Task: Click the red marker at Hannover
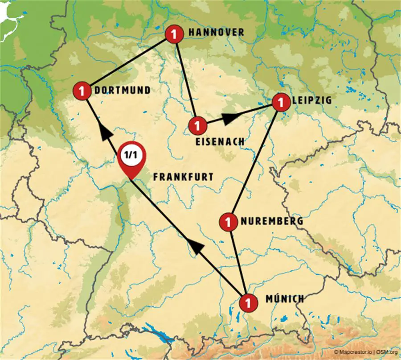tap(174, 34)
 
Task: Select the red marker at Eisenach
tap(198, 125)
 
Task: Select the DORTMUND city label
tap(122, 91)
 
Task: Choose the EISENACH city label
tap(220, 142)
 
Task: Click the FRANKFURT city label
tap(183, 177)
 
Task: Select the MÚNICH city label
tap(284, 299)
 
